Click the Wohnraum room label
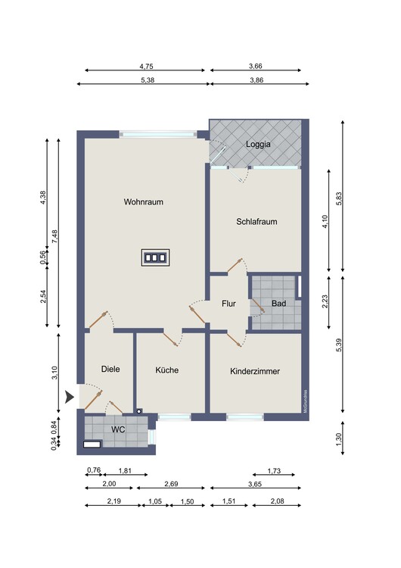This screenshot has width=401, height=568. (x=143, y=201)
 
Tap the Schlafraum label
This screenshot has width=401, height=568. (x=256, y=221)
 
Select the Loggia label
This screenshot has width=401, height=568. (x=258, y=144)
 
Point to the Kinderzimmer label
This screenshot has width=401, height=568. (x=255, y=371)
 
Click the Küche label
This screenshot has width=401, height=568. (x=167, y=370)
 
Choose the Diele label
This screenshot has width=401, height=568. (x=110, y=369)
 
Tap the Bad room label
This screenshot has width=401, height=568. (x=278, y=303)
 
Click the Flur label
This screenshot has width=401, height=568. (x=228, y=304)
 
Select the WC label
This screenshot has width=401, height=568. (x=118, y=429)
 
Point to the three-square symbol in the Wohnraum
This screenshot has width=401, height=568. (x=156, y=257)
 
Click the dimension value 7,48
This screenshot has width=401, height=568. (x=54, y=236)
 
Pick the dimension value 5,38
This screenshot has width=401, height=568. (x=148, y=80)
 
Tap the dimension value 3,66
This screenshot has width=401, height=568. (x=256, y=66)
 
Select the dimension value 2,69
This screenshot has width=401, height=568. (x=171, y=484)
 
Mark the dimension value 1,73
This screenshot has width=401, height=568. (x=274, y=470)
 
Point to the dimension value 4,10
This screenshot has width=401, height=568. (x=325, y=221)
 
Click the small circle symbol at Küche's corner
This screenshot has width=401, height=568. (x=139, y=411)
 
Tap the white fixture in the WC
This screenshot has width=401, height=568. (x=92, y=444)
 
